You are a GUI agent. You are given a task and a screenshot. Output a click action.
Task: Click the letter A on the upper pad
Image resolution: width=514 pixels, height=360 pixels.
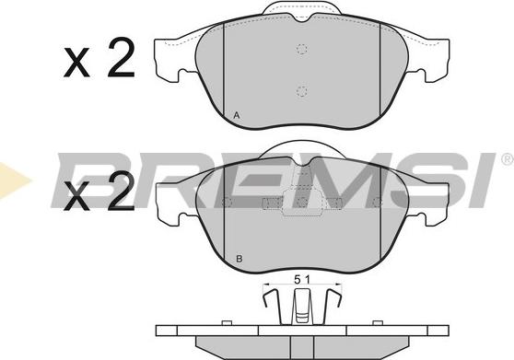pyautogui.click(x=237, y=115)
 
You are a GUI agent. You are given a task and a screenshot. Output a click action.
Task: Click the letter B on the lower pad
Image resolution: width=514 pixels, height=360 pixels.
pyautogui.click(x=239, y=259)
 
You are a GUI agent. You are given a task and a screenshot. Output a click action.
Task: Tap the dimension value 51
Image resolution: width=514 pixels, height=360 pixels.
pyautogui.click(x=302, y=279)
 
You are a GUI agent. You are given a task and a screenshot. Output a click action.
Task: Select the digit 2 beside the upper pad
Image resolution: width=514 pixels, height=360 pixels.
pyautogui.click(x=122, y=57)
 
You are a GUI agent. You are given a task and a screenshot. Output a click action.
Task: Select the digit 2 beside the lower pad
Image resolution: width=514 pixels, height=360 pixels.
pyautogui.click(x=122, y=191)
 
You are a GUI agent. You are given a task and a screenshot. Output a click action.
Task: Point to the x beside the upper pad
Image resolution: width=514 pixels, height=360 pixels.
pyautogui.click(x=76, y=63)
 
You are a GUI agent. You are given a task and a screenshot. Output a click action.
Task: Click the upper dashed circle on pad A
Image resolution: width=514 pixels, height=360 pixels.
pyautogui.click(x=302, y=49)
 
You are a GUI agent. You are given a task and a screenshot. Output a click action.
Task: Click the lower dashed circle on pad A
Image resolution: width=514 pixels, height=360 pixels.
pyautogui.click(x=302, y=91)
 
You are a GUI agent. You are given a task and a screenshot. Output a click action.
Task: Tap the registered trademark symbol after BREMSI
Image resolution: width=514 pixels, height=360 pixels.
pyautogui.click(x=508, y=159)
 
